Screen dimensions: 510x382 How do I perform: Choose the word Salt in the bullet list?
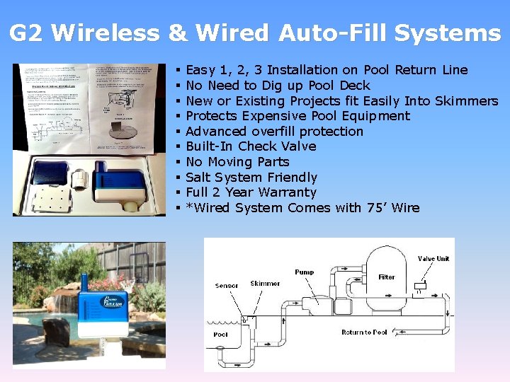(199, 178)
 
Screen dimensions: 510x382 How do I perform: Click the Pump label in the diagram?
(304, 272)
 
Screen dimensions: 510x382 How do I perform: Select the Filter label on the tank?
(387, 277)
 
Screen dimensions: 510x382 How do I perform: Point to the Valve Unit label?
(433, 259)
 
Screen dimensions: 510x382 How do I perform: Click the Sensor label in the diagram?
(227, 286)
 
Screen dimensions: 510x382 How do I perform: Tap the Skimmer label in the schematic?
(265, 284)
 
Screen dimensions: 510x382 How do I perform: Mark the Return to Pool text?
(364, 332)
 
